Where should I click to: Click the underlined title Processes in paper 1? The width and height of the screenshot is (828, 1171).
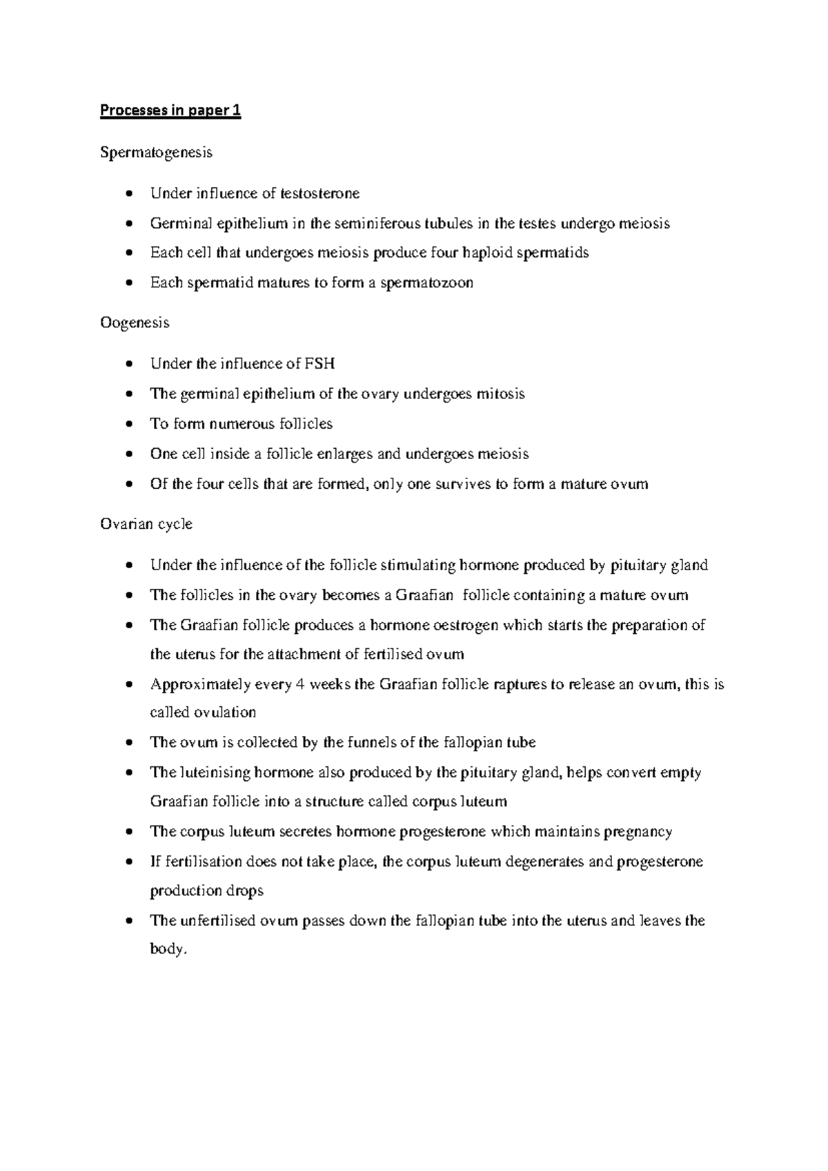[x=170, y=111]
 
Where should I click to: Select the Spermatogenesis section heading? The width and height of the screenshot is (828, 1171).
[x=156, y=153]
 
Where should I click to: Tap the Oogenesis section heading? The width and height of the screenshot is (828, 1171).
[x=135, y=323]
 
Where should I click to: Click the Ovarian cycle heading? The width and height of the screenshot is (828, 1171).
[x=146, y=525]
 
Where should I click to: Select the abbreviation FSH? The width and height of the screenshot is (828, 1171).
[x=320, y=364]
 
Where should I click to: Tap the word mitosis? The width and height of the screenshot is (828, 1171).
[x=501, y=394]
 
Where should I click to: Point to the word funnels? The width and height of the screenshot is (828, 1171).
[x=369, y=743]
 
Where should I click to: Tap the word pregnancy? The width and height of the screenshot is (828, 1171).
[x=638, y=832]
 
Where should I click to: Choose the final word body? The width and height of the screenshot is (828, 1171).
[x=168, y=950]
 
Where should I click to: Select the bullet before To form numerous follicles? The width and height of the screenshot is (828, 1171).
[x=130, y=425]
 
